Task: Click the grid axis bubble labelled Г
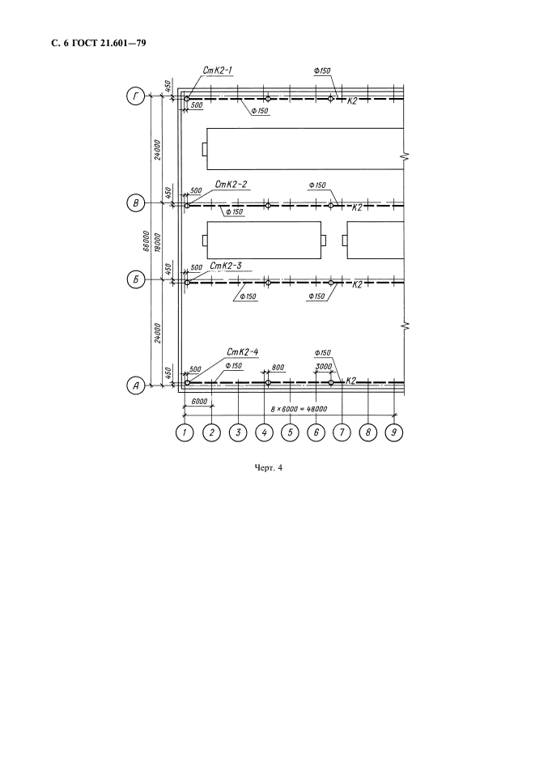(136, 96)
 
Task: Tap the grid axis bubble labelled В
(136, 203)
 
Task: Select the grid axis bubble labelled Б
(136, 279)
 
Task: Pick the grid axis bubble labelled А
(136, 385)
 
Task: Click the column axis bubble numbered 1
(184, 432)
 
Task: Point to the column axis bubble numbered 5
(290, 432)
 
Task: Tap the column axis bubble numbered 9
(394, 432)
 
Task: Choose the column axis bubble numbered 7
(342, 432)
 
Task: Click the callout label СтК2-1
(218, 70)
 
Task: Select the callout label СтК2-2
(231, 184)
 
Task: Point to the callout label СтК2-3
(225, 266)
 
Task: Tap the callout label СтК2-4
(242, 352)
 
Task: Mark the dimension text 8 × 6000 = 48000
(299, 409)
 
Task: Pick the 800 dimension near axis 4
(278, 368)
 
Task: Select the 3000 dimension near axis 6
(324, 367)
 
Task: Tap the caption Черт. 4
(268, 467)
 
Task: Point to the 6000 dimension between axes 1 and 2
(199, 402)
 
